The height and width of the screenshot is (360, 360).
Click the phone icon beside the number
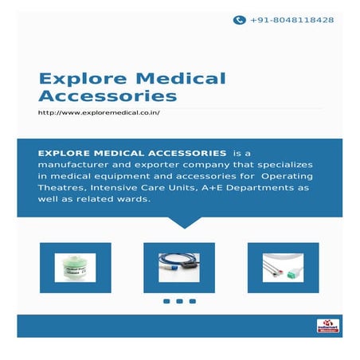(239, 20)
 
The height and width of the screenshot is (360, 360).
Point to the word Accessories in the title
(108, 96)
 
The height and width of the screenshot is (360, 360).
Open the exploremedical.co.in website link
(100, 114)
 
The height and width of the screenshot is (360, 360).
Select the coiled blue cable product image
(179, 267)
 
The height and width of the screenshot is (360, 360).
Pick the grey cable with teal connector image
(284, 267)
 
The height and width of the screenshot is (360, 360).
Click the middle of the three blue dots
(179, 301)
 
